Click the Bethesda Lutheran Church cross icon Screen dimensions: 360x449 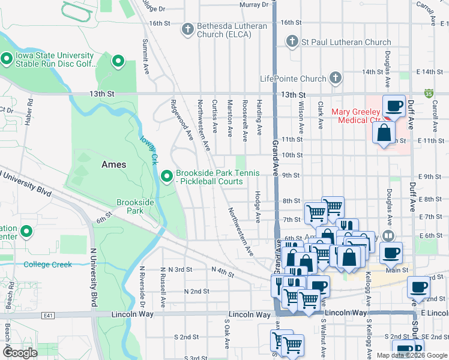[x=188, y=28]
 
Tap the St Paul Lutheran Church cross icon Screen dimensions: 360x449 [x=292, y=42]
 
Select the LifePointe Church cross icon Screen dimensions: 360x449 [x=335, y=78]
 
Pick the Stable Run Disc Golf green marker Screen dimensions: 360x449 [x=7, y=59]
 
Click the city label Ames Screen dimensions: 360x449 [x=113, y=164]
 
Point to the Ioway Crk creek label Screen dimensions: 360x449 [x=149, y=150]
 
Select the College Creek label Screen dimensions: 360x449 [x=47, y=265]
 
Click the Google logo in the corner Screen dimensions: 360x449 [x=21, y=353]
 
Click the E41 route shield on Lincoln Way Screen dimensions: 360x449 [x=48, y=314]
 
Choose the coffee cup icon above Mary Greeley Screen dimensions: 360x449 [x=394, y=106]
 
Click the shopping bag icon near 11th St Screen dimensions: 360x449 [x=384, y=132]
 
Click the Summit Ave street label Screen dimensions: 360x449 [x=145, y=57]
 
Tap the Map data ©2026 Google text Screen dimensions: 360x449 [x=412, y=355]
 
